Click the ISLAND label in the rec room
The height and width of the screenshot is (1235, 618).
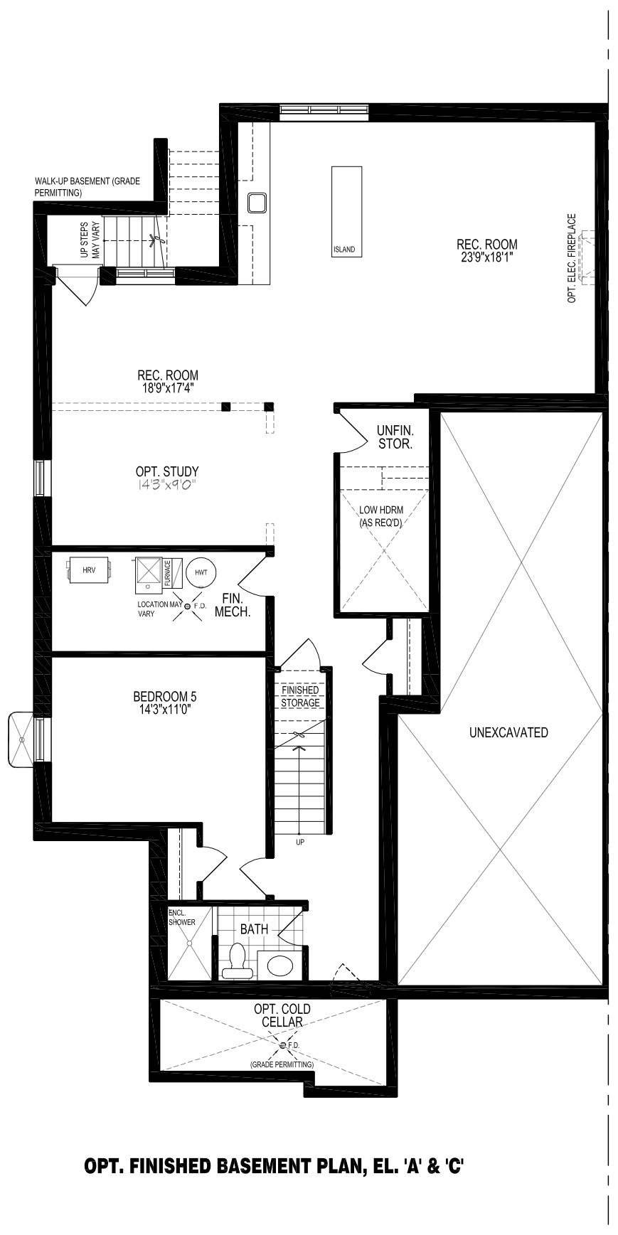(x=344, y=250)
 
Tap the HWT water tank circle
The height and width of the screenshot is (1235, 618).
(x=201, y=572)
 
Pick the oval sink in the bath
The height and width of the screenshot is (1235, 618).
(x=278, y=965)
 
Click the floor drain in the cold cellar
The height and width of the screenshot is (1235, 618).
(x=283, y=1044)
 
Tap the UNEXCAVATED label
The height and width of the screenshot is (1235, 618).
(x=508, y=732)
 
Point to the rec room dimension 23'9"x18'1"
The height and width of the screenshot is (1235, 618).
(x=487, y=257)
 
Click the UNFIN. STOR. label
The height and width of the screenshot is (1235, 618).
(x=395, y=437)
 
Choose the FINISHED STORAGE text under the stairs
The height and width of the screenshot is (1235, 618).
(x=300, y=697)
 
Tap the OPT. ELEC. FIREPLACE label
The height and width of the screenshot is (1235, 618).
(x=572, y=259)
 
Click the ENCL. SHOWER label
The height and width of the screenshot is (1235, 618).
(x=182, y=917)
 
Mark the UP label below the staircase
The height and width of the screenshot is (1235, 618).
(x=300, y=843)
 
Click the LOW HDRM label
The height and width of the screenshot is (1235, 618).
(x=381, y=510)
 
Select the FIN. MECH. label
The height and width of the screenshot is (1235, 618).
(x=233, y=605)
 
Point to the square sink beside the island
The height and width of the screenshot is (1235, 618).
(x=257, y=203)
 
